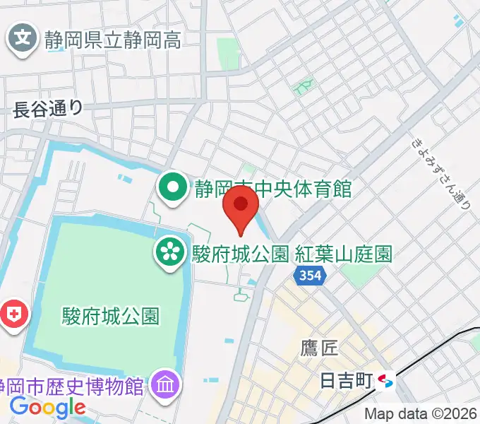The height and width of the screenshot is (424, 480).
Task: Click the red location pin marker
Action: pos(241,206)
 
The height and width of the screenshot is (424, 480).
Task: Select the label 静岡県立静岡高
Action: pos(112,39)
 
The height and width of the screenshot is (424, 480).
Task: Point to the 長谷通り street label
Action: pos(48,107)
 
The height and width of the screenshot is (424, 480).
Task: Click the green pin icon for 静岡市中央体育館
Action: pos(172,189)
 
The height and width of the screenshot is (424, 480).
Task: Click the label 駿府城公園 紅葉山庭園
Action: pos(292,253)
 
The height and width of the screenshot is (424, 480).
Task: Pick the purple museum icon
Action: pos(167,386)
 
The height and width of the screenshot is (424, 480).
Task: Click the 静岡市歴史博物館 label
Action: pos(74,387)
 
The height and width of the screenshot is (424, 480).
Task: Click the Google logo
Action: pos(47,408)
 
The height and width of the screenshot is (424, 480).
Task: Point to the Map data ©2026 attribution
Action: pos(421,414)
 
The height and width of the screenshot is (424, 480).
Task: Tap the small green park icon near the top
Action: pos(304,86)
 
